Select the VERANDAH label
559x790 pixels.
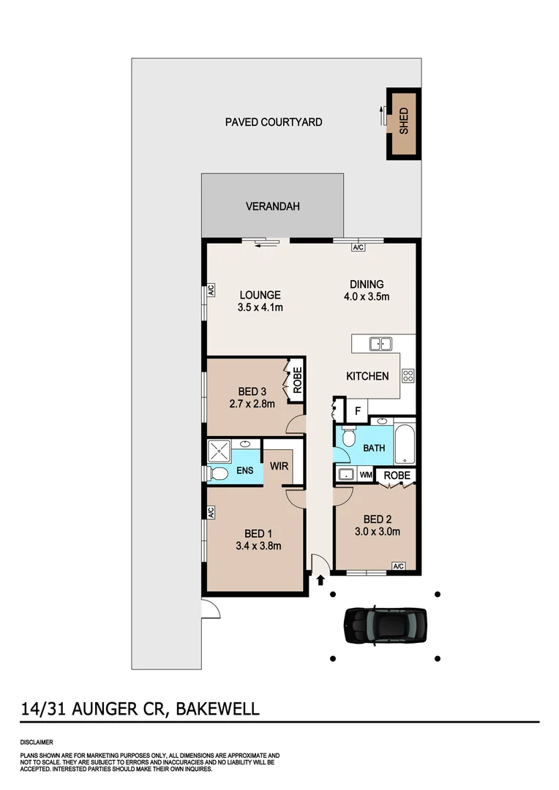272,207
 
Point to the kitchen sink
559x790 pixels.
380,343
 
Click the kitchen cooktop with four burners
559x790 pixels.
408,376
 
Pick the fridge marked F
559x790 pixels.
357,411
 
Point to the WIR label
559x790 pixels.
278,465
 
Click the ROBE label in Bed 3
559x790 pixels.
298,380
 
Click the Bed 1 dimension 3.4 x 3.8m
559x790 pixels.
258,545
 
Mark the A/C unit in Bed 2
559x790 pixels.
399,566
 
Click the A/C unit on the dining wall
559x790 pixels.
358,247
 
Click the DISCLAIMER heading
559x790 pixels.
36,742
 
